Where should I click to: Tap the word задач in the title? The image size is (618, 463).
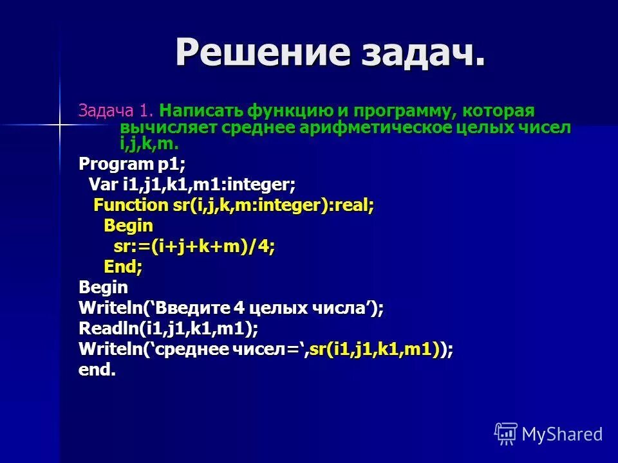click(x=419, y=52)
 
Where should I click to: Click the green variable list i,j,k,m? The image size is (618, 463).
click(x=149, y=143)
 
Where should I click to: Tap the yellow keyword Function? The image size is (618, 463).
click(x=129, y=205)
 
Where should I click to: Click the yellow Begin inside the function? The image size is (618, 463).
click(x=128, y=226)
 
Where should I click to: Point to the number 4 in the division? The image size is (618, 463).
click(x=265, y=246)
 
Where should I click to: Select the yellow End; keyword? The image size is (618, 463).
click(x=123, y=266)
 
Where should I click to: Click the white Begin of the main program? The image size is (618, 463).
click(x=103, y=287)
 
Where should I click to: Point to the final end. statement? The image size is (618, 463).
click(x=97, y=370)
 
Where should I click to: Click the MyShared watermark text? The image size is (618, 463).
click(x=561, y=433)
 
